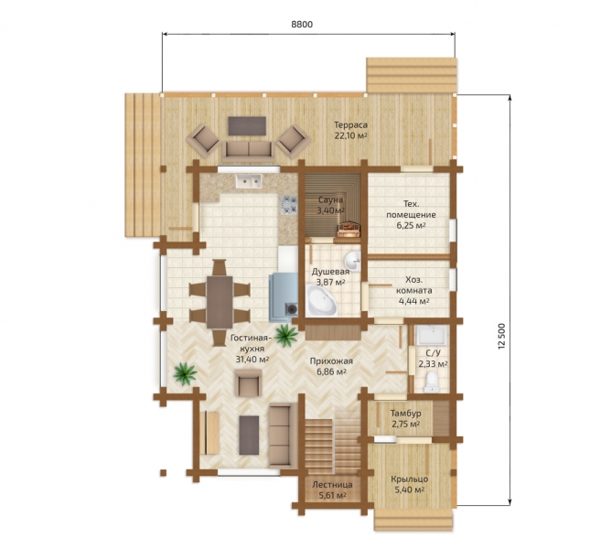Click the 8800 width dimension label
[x=302, y=24]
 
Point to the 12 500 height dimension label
[x=502, y=336]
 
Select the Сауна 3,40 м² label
[x=330, y=205]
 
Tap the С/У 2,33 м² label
[x=433, y=359]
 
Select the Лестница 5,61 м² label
[x=332, y=490]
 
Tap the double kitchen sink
[x=249, y=181]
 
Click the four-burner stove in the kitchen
[x=290, y=205]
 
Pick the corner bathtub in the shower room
[x=320, y=300]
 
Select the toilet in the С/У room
[x=432, y=382]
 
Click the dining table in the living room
[x=220, y=302]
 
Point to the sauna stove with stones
[x=349, y=229]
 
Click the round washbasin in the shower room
[x=352, y=262]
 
